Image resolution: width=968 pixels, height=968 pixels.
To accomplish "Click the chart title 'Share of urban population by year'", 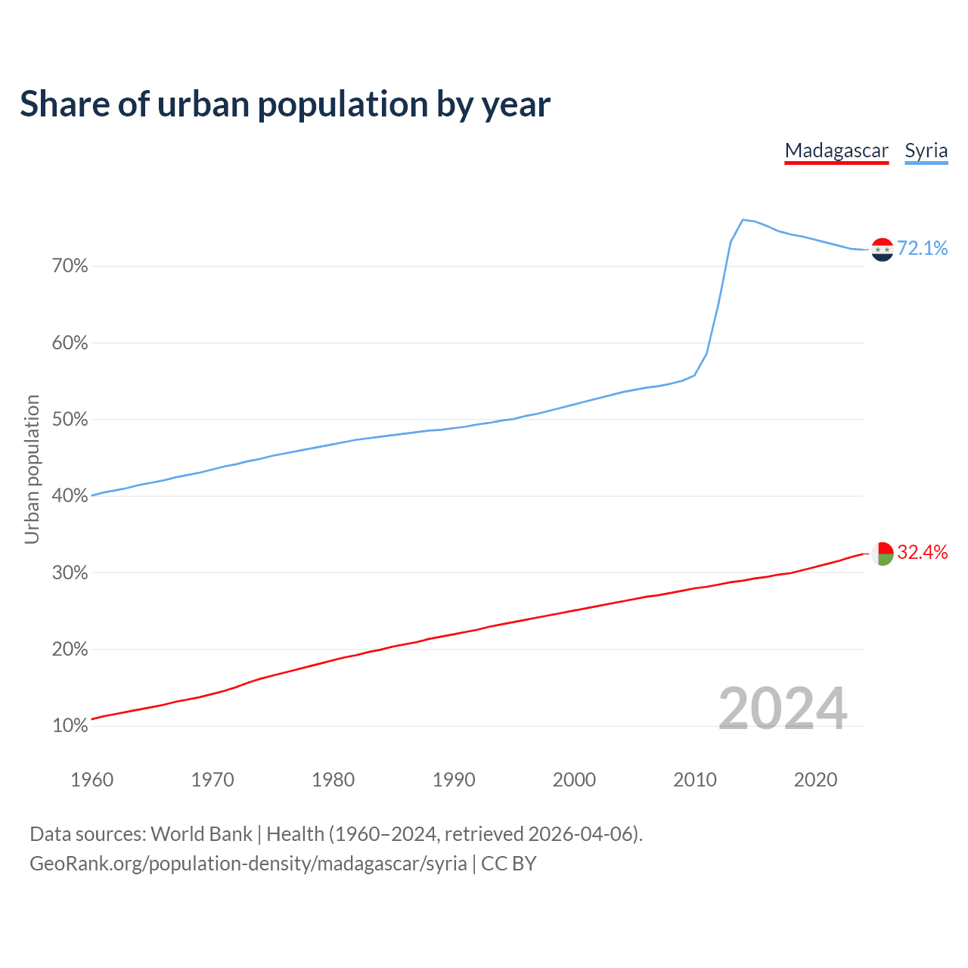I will [x=285, y=104].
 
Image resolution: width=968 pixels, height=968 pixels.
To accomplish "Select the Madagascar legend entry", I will [x=836, y=150].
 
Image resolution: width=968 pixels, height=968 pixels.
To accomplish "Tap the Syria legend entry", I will [x=926, y=150].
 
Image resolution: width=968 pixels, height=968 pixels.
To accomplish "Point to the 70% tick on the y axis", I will [x=70, y=266].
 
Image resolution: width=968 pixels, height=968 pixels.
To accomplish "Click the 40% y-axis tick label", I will [x=70, y=496].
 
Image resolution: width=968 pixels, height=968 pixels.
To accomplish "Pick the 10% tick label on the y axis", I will [x=70, y=726].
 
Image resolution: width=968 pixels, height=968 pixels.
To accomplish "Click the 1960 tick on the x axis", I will [x=92, y=780].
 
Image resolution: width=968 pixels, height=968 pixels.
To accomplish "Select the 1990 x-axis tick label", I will [x=454, y=780].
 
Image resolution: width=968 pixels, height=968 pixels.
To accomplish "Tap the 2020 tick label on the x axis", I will [x=815, y=780].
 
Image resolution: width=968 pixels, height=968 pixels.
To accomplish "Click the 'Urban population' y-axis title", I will [x=32, y=469].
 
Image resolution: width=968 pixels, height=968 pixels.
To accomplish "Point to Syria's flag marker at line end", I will [x=883, y=250].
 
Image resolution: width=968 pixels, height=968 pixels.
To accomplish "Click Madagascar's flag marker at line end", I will [x=883, y=554].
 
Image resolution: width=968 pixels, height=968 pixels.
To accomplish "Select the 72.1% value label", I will [x=922, y=248].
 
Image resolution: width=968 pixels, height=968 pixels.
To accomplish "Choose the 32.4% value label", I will [x=922, y=552].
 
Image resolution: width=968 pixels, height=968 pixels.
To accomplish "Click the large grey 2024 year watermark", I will [x=783, y=709].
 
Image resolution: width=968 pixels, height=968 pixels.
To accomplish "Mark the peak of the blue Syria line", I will [x=743, y=220].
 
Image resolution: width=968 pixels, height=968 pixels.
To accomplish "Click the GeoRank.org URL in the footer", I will [x=248, y=864].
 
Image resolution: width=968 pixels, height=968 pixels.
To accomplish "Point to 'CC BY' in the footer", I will [x=508, y=864].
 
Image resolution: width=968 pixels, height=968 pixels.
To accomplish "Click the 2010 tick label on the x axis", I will [x=695, y=780].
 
